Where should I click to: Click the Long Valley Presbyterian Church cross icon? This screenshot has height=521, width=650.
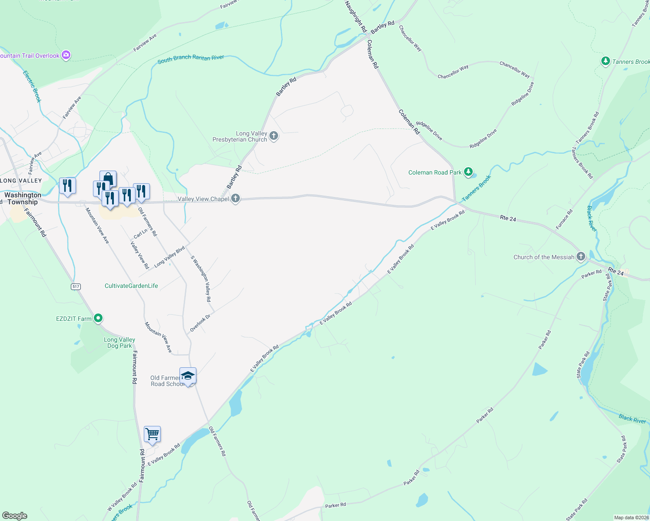(x=274, y=136)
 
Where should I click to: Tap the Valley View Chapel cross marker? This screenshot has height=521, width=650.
(x=235, y=199)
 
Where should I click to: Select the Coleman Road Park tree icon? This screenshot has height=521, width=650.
(x=468, y=172)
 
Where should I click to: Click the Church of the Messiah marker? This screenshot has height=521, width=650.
(x=581, y=257)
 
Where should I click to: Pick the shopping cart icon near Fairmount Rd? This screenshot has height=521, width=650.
(x=152, y=434)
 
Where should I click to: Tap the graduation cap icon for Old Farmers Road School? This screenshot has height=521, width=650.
(x=188, y=376)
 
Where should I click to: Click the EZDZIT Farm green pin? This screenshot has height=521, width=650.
(x=98, y=318)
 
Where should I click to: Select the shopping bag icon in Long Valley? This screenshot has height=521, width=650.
(x=108, y=178)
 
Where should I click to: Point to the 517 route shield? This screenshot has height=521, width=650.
(x=76, y=287)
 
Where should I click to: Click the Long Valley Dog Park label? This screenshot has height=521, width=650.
(x=119, y=343)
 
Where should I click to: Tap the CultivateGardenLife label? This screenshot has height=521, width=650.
(x=131, y=286)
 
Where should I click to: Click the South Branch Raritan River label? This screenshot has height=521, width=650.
(x=191, y=59)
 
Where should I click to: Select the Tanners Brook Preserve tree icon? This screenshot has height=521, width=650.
(x=605, y=61)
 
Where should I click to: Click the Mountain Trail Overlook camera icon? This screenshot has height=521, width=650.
(x=66, y=55)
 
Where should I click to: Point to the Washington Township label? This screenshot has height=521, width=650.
(x=23, y=198)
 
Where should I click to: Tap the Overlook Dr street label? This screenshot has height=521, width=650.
(x=200, y=323)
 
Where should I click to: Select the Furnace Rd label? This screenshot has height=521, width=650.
(x=564, y=219)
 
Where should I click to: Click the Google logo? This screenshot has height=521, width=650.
(x=15, y=516)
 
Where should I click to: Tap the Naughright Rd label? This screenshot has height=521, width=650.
(x=356, y=16)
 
